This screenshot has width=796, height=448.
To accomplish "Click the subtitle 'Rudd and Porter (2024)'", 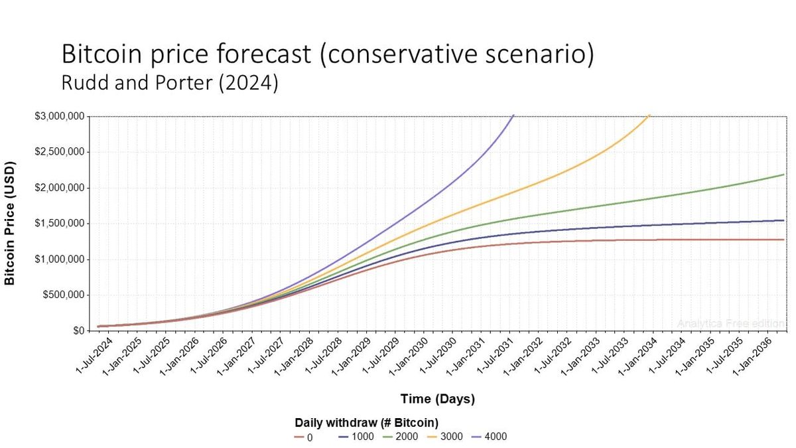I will click(169, 84).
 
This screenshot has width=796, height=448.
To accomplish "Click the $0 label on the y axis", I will click(78, 331).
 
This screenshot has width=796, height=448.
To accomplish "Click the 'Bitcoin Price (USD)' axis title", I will click(10, 223).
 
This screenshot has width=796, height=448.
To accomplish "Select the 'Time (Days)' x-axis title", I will click(437, 399).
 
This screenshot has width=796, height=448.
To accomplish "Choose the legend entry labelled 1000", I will click(356, 437).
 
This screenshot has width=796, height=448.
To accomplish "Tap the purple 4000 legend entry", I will click(489, 437).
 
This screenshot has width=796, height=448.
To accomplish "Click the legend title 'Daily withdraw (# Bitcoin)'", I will click(367, 422).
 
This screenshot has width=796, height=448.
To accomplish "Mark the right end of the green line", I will click(783, 175).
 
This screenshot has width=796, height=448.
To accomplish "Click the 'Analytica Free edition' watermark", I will click(730, 323).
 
